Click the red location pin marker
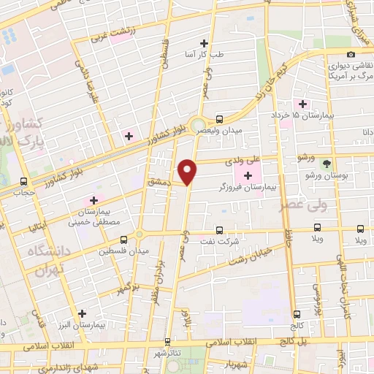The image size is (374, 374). [x=188, y=170]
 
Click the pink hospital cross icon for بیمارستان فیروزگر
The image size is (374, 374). [x=248, y=175]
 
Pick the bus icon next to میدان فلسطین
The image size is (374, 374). [x=124, y=238]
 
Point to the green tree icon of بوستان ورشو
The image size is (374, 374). [x=327, y=164]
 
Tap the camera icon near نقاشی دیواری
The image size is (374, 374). [x=351, y=55]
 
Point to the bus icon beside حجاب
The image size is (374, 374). [x=24, y=182]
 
